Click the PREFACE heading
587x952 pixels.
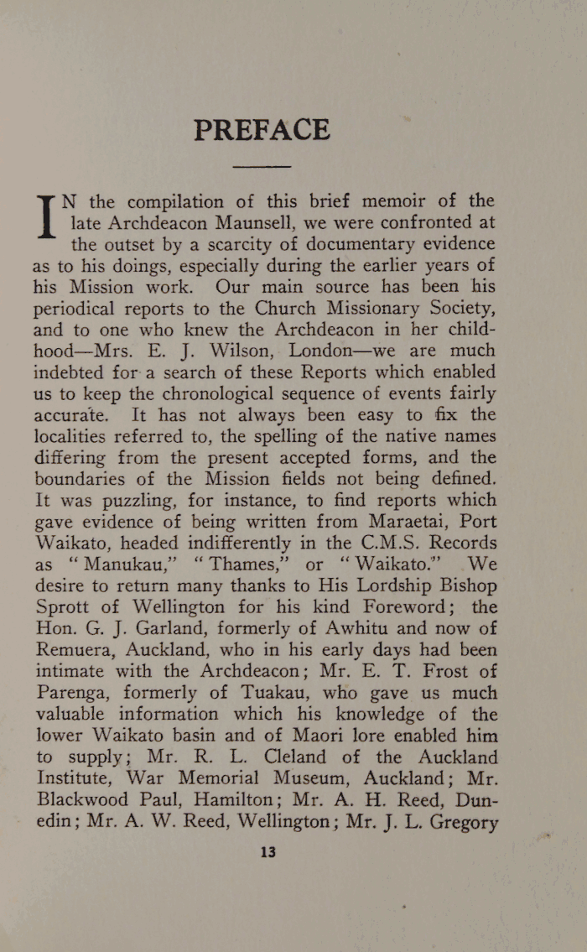[x=262, y=130]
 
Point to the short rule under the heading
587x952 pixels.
[x=262, y=168]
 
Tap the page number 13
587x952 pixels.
[x=268, y=852]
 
